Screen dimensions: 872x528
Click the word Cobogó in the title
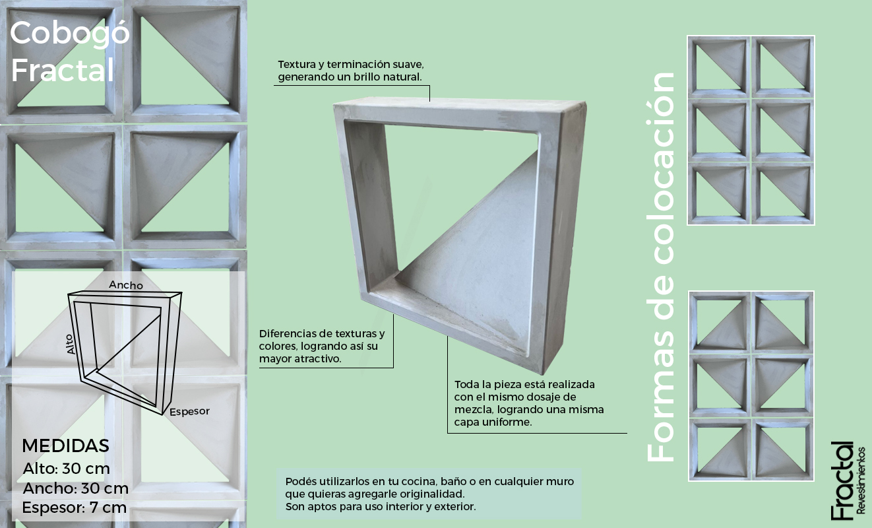point(70,34)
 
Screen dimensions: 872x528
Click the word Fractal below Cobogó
point(63,70)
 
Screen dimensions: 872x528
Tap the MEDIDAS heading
point(65,446)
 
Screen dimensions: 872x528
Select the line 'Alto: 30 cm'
point(66,469)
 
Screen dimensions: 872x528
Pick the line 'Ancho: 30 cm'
point(75,488)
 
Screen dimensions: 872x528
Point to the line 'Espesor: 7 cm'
point(75,508)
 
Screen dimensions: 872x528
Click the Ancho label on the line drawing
point(126,285)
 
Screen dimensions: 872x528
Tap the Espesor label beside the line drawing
point(189,411)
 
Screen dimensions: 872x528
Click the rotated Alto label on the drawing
point(70,345)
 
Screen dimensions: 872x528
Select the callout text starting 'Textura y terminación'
point(351,71)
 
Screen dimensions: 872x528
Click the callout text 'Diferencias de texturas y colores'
point(322,346)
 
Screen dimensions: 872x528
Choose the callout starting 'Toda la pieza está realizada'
point(529,403)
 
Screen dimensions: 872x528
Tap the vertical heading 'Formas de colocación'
point(661,267)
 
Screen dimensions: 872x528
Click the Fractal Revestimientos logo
point(848,480)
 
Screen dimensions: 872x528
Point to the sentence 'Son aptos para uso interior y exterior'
point(381,507)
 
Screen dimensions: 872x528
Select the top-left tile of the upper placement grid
point(718,67)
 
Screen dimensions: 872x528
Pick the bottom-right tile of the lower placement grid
point(782,449)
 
